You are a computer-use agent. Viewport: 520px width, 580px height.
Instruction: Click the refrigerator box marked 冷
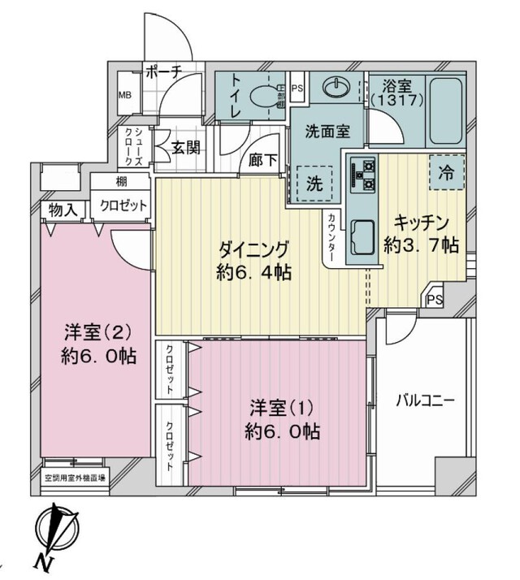click(x=446, y=172)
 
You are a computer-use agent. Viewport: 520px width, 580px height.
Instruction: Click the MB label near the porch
click(x=125, y=96)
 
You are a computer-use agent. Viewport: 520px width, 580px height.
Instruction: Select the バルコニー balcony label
click(x=424, y=400)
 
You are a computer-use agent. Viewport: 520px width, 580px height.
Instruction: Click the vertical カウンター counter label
click(x=333, y=236)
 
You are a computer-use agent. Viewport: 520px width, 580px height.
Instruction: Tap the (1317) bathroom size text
click(x=394, y=99)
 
